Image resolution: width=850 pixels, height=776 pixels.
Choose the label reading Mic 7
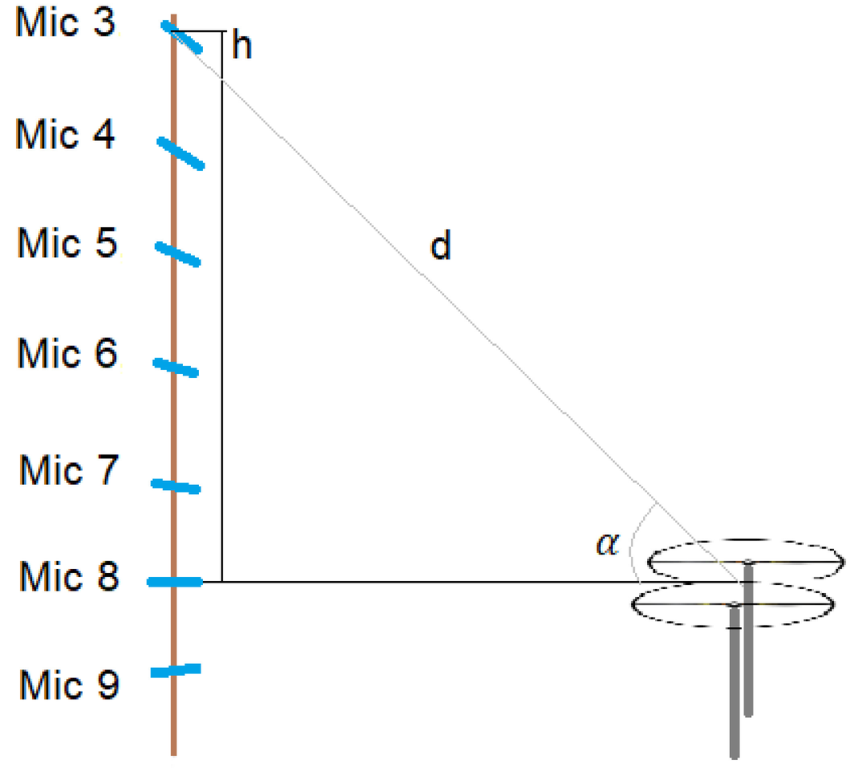[68, 471]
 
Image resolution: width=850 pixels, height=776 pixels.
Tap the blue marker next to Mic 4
[180, 153]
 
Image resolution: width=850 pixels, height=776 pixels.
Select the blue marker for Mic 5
[177, 254]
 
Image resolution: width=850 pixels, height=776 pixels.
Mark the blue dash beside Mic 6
[176, 367]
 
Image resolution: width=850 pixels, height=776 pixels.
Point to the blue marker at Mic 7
[176, 486]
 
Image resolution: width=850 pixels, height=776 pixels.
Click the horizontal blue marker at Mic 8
[174, 582]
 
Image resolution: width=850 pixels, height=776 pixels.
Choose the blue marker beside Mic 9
[175, 670]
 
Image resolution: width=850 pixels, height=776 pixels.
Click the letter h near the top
[241, 47]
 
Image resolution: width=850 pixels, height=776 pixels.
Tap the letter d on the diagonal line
[440, 247]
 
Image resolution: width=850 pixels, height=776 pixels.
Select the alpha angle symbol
[607, 544]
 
